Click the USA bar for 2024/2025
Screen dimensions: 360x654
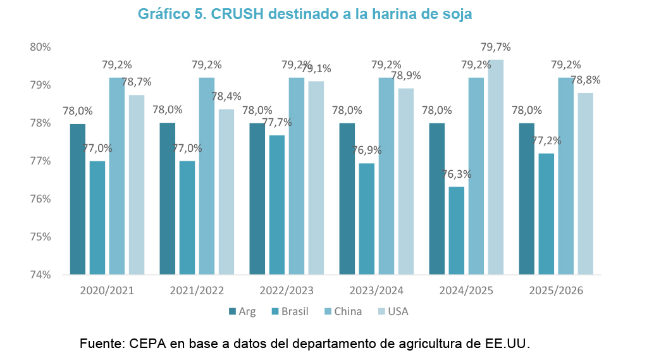point(495,167)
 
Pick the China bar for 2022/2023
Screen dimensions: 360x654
point(297,176)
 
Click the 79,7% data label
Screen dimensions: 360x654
point(495,47)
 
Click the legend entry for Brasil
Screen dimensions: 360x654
point(290,311)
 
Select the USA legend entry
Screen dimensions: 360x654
point(395,311)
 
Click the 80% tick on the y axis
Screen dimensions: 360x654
point(40,47)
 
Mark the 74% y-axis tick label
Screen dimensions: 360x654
point(40,275)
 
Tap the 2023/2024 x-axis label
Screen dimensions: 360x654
point(376,291)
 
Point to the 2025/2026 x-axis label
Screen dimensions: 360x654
point(556,291)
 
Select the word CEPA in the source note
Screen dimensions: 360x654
point(145,344)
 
